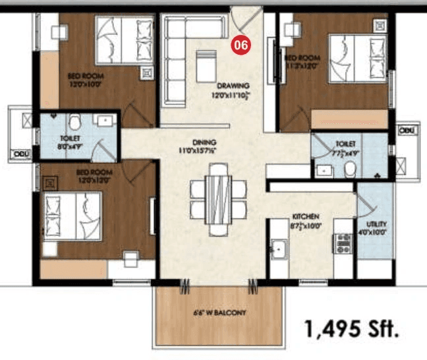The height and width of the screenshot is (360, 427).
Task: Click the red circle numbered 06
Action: [x=241, y=45]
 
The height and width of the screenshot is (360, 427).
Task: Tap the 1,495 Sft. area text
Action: [x=352, y=328]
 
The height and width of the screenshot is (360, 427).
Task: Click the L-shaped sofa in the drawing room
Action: [x=178, y=53]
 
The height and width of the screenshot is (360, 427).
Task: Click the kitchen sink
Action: [x=279, y=249]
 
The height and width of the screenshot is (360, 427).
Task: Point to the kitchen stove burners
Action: [x=343, y=245]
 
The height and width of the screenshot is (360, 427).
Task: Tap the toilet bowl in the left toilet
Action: [x=74, y=121]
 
